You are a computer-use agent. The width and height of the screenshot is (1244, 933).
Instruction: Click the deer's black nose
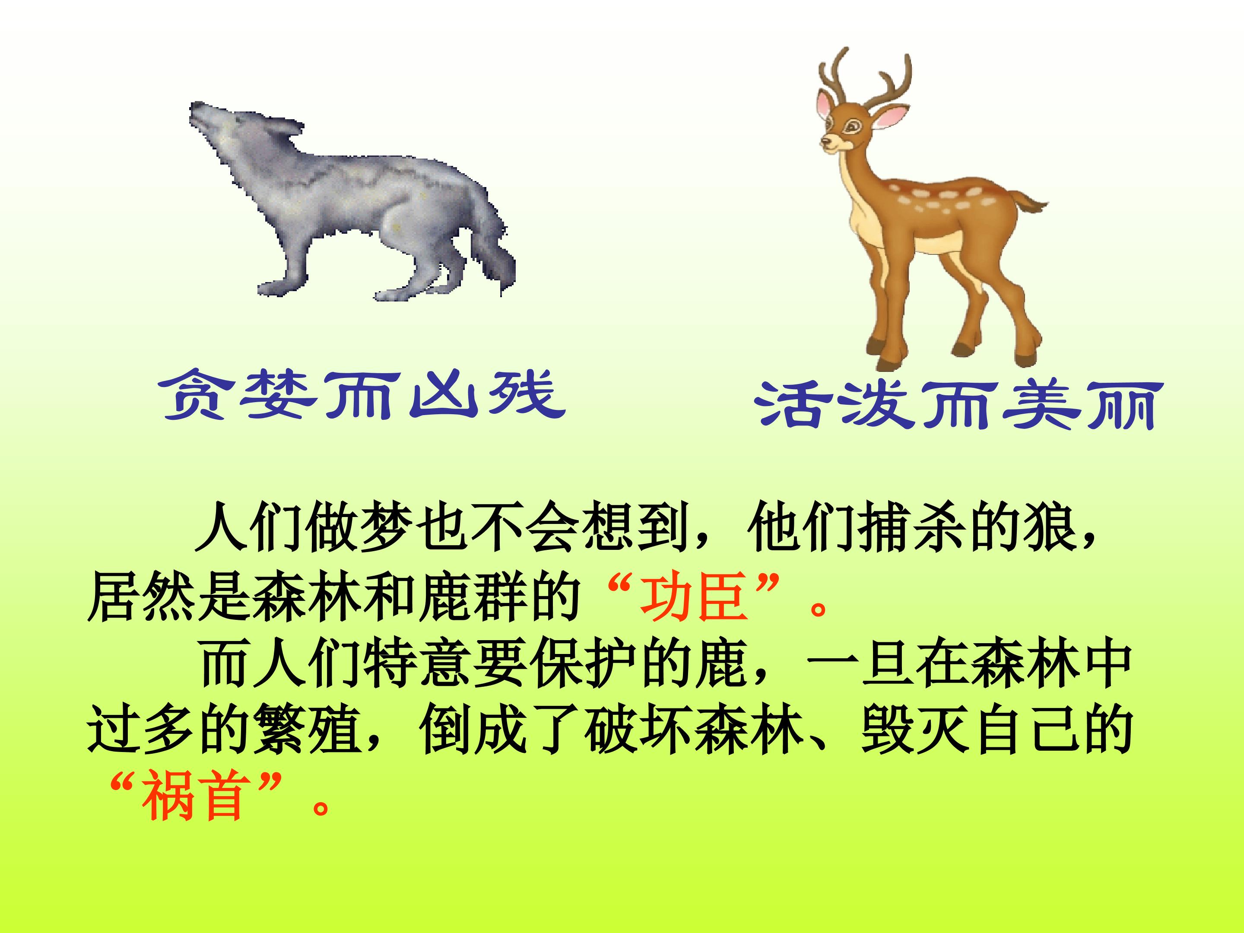825,143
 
